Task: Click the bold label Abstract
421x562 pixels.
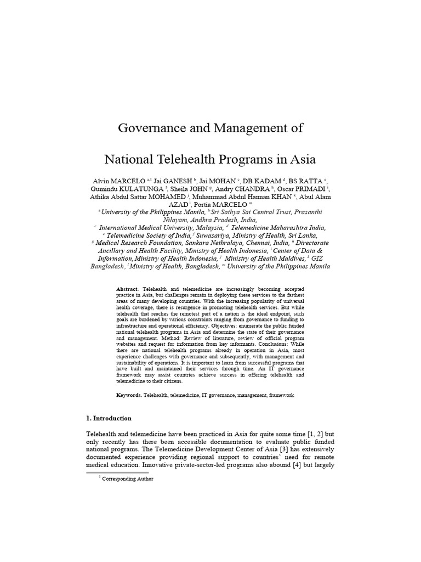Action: (x=128, y=289)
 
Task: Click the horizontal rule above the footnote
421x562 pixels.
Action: (x=117, y=472)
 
